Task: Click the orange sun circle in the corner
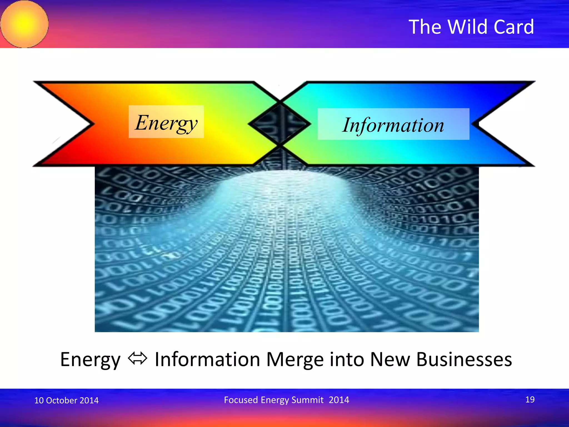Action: tap(24, 24)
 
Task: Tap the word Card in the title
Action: tap(514, 27)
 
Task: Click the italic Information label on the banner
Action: tap(393, 125)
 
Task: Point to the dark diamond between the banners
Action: tap(280, 124)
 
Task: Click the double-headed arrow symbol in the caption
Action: tap(138, 358)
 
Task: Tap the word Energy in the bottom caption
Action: tap(90, 360)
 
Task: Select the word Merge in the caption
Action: tap(295, 359)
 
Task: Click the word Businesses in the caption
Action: tap(464, 359)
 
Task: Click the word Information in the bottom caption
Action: tap(207, 359)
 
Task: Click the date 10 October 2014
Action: tap(66, 400)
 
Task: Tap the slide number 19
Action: tap(530, 399)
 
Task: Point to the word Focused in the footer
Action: tap(241, 400)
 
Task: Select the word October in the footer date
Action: tap(62, 400)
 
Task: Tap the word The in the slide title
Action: tap(425, 27)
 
